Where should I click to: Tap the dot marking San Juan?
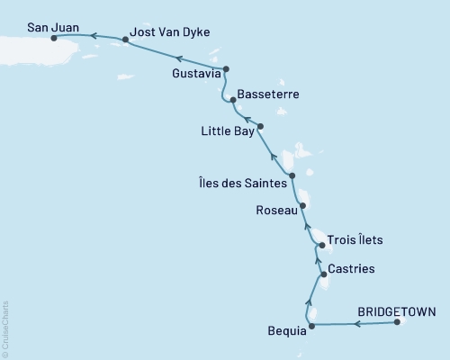[55, 39]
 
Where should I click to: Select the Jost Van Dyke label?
[170, 31]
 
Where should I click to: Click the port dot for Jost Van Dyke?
[125, 40]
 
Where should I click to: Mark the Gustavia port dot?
[226, 69]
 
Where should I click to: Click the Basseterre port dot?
[233, 100]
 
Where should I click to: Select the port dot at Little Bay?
[259, 126]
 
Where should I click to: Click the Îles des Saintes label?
[240, 183]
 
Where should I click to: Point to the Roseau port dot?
[302, 205]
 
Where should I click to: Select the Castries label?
[352, 268]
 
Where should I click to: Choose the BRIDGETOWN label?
[397, 312]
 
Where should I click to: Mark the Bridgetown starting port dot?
[397, 325]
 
